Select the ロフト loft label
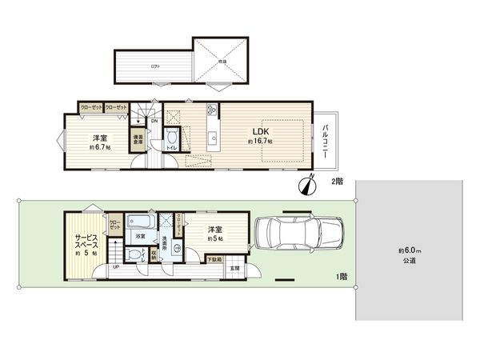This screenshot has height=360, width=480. click(154, 66)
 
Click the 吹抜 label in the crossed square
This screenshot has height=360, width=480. click(223, 60)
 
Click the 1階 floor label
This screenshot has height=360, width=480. click(342, 276)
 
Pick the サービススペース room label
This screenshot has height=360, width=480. click(86, 242)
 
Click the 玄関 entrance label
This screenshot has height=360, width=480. click(235, 268)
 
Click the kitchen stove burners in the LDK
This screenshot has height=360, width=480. click(212, 110)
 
